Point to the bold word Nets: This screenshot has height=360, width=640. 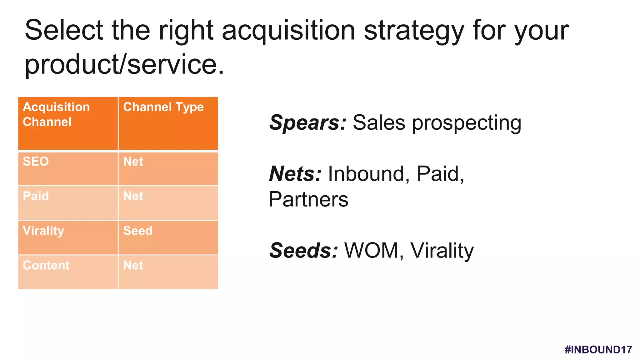(295, 174)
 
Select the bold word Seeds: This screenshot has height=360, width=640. (303, 251)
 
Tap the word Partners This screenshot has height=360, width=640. (308, 199)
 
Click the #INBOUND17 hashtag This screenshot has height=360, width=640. (598, 349)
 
